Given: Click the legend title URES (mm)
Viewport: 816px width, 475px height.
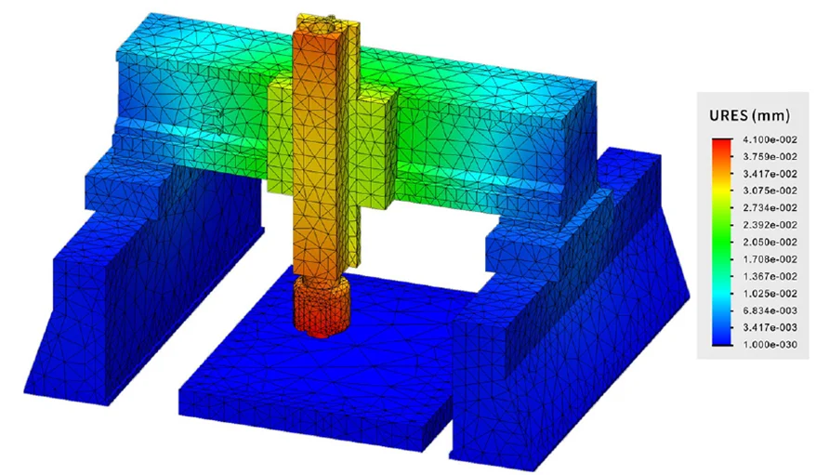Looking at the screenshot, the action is [749, 115].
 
